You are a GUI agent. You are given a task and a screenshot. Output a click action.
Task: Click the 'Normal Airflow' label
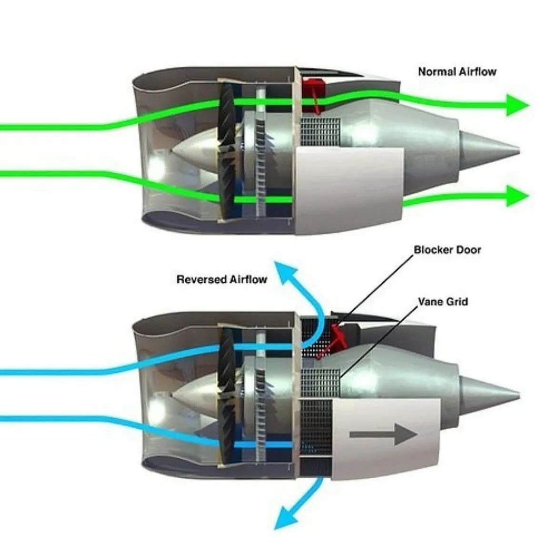tap(457, 72)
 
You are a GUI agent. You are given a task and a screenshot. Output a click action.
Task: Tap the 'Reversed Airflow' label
tap(221, 279)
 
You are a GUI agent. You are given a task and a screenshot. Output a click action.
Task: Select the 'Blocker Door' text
tap(447, 250)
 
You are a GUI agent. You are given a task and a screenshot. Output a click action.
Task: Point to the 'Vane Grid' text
tap(442, 302)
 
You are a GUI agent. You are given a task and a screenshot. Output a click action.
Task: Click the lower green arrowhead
tap(517, 196)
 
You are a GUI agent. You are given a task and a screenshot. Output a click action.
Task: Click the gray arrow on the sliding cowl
tap(383, 434)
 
